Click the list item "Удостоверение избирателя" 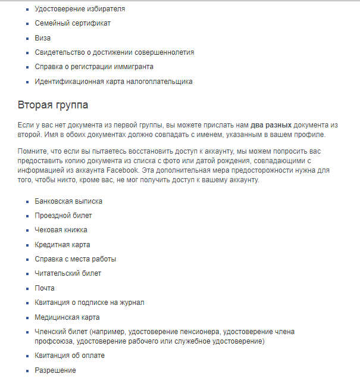point(80,9)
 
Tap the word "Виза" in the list point(43,38)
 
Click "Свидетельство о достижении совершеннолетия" point(114,52)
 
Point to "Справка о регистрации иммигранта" point(94,67)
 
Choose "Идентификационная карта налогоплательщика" point(113,82)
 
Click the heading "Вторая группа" point(53,105)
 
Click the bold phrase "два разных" point(270,125)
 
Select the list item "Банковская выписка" point(68,201)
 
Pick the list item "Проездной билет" point(63,216)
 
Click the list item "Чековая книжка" point(61,230)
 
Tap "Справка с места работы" point(76,259)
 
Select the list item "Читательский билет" point(68,273)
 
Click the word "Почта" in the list point(45,288)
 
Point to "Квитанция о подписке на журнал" point(89,303)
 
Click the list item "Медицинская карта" point(67,317)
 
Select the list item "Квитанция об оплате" point(70,356)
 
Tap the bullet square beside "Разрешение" point(27,370)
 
